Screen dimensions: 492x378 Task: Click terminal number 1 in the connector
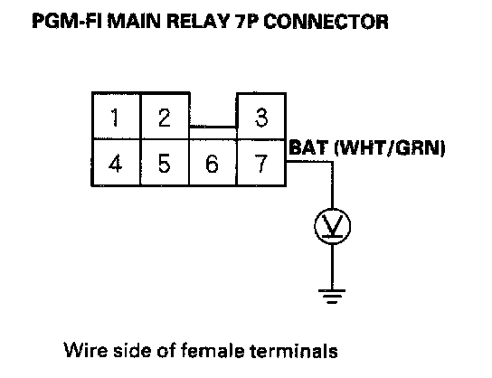(116, 116)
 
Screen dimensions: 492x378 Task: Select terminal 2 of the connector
(165, 116)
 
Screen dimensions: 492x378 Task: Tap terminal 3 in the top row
(261, 116)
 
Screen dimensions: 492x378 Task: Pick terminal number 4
(116, 163)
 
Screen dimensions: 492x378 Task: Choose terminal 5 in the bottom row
(165, 163)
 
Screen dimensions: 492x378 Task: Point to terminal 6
(213, 163)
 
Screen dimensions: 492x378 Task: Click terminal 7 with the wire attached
(261, 163)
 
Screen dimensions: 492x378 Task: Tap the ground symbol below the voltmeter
(332, 296)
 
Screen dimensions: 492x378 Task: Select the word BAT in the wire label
(308, 147)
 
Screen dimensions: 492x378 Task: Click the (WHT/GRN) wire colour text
(390, 147)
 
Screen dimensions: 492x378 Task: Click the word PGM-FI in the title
(67, 22)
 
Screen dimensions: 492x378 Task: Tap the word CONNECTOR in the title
(326, 22)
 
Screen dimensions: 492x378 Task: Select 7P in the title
(247, 22)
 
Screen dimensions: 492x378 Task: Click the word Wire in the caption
(85, 350)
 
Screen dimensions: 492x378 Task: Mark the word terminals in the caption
(294, 350)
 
